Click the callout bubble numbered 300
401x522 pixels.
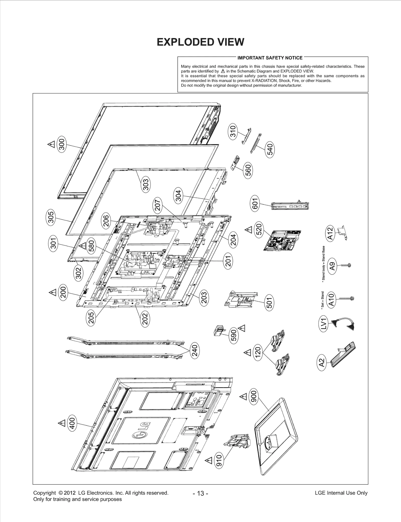click(61, 144)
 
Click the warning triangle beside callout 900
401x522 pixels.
click(243, 397)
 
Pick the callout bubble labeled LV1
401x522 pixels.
click(324, 324)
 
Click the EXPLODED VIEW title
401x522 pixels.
click(200, 42)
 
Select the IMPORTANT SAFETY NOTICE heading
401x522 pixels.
click(270, 58)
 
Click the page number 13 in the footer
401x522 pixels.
click(200, 493)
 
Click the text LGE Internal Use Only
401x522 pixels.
click(341, 493)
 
